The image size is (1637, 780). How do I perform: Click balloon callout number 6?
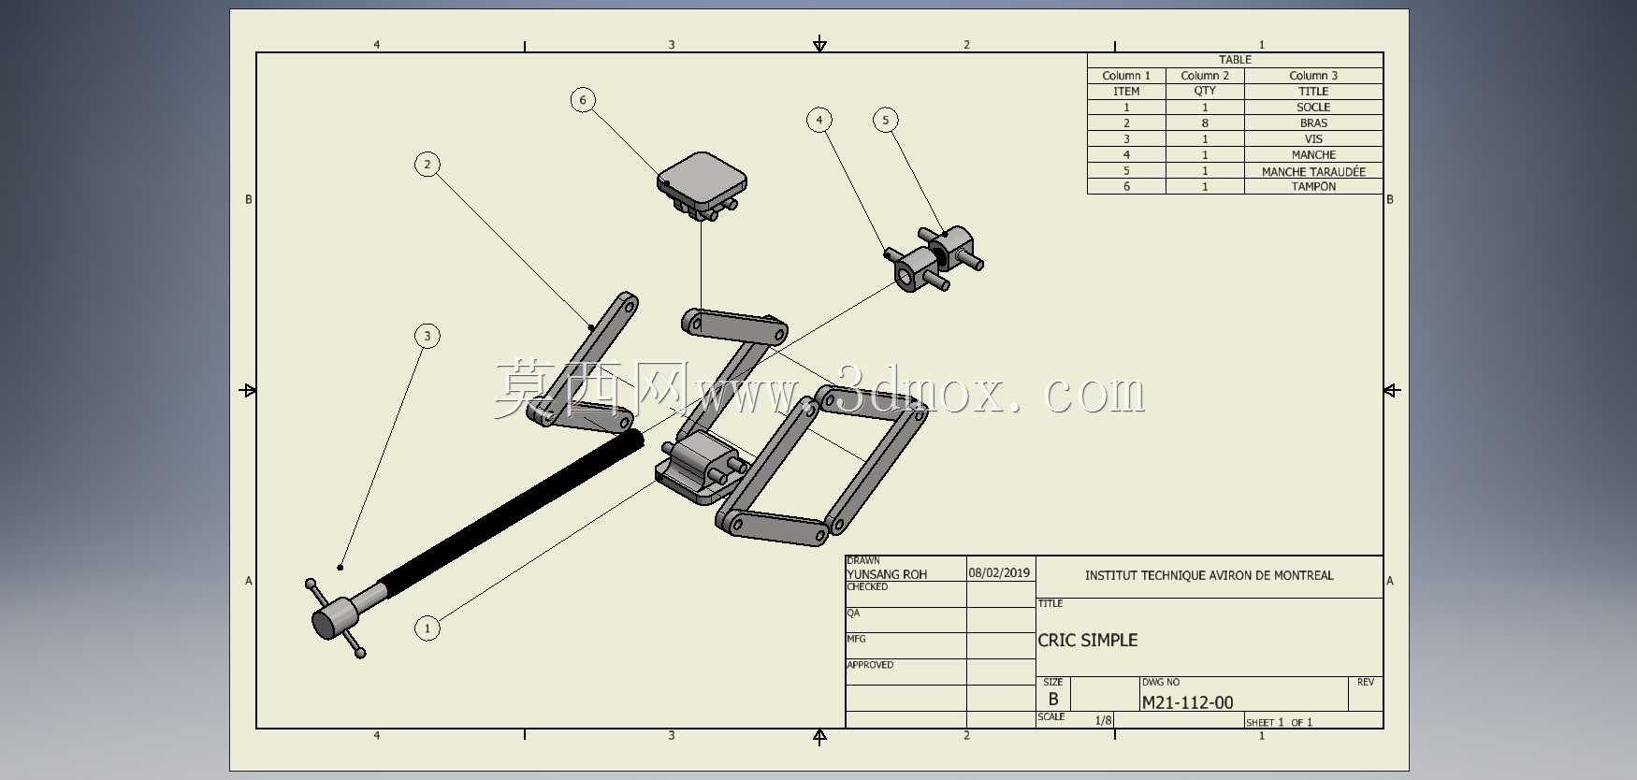coord(583,100)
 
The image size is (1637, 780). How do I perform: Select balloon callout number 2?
coord(427,165)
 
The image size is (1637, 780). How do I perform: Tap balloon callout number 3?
coord(427,336)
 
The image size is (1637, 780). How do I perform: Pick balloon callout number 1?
coord(427,628)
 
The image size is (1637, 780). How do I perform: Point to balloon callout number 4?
coord(819,120)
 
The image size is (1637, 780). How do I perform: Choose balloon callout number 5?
coord(886,120)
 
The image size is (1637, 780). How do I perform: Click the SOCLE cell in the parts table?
coord(1313,108)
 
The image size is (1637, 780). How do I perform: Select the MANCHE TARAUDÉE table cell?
coord(1313,171)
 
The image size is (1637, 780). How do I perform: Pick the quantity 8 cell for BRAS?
coord(1205,123)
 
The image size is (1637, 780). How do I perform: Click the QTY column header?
coord(1205,92)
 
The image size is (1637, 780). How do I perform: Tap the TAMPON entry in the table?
coord(1313,187)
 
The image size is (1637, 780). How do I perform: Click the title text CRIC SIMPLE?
coord(1088,641)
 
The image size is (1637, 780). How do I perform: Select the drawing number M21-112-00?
coord(1187,702)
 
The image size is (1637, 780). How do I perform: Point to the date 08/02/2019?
coord(999,573)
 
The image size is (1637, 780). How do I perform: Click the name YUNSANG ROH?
coord(887,574)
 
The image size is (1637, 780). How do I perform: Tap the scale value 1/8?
coord(1104,720)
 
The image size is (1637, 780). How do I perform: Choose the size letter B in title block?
coord(1053,700)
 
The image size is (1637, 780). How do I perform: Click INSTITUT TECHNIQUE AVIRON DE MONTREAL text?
coord(1210,575)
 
